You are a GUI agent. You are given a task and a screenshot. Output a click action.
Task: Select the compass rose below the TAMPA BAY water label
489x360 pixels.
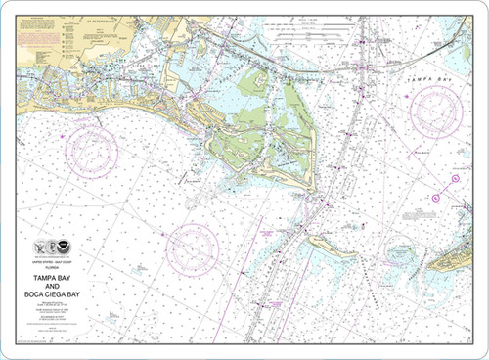tap(435, 111)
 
